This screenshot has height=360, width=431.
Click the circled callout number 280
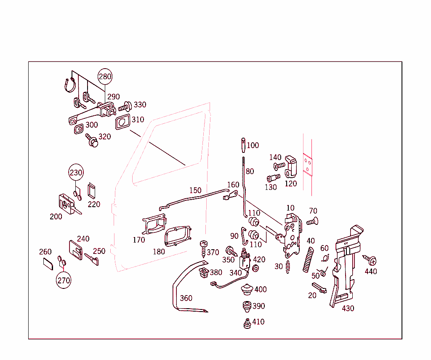105,77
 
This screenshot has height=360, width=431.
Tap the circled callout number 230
76,173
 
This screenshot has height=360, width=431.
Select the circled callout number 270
64,280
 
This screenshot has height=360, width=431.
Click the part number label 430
348,308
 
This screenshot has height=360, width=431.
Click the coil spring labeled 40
309,259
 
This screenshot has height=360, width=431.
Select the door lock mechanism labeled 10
292,236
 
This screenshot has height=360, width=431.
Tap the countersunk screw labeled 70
312,221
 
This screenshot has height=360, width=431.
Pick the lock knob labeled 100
244,146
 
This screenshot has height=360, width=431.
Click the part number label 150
195,190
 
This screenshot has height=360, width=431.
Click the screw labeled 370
204,248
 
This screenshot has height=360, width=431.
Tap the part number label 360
186,298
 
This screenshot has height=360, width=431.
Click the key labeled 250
92,259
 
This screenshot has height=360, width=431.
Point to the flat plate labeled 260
48,264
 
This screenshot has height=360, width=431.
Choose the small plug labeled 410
247,323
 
